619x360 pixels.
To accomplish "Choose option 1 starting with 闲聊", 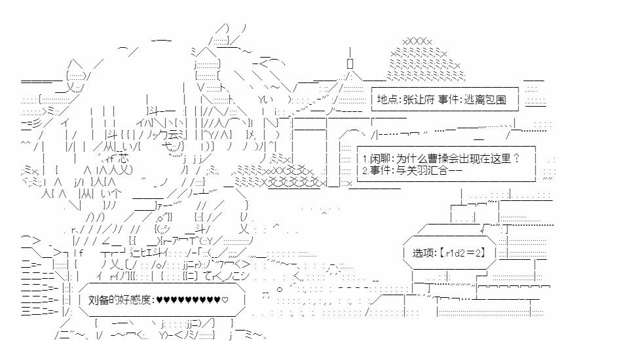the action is click(441, 158).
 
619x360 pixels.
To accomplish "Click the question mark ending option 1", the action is click(516, 158).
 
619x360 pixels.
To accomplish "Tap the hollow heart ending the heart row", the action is click(225, 300).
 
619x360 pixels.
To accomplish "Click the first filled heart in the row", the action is click(159, 300).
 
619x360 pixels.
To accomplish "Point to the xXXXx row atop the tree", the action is click(417, 41).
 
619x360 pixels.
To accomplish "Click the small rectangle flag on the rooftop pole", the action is click(350, 63).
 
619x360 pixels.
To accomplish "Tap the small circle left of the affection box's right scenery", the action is click(280, 289).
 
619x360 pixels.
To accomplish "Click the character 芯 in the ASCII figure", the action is click(124, 158).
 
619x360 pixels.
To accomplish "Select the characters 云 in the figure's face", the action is click(172, 134).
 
